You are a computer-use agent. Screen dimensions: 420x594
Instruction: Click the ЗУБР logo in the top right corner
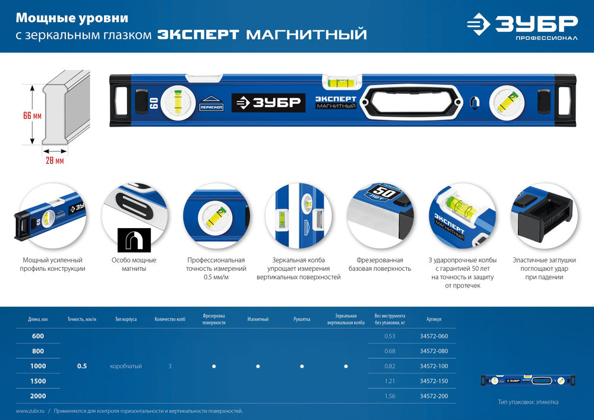[x=522, y=27]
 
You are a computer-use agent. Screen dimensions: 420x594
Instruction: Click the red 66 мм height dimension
[x=32, y=116]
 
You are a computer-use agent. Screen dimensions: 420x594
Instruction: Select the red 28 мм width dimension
[x=55, y=160]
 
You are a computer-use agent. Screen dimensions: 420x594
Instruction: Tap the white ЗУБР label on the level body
[x=268, y=102]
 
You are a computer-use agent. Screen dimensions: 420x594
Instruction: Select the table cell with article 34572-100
[x=434, y=366]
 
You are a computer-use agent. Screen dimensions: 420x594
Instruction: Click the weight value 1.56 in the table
[x=390, y=396]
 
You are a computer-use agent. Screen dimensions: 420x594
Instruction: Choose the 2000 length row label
[x=38, y=396]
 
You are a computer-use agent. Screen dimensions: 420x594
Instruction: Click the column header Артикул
[x=434, y=320]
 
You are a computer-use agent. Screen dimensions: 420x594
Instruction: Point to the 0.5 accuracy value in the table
[x=82, y=366]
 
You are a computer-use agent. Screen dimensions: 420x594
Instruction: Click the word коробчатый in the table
[x=126, y=366]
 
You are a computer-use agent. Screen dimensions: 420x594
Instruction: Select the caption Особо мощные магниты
[x=134, y=264]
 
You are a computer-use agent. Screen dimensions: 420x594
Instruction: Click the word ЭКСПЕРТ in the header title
[x=198, y=34]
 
